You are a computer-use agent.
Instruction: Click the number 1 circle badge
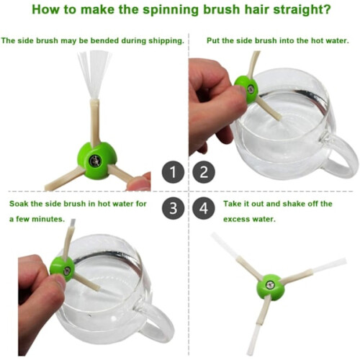[x=173, y=172]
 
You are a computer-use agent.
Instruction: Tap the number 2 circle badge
[x=204, y=172]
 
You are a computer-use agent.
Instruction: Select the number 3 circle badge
[x=173, y=208]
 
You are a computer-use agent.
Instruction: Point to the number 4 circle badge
[x=204, y=208]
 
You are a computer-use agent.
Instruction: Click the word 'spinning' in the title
[x=171, y=10]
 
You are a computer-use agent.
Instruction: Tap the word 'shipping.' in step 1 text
[x=166, y=41]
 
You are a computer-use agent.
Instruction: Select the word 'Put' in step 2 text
[x=213, y=40]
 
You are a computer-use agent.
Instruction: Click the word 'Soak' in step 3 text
[x=18, y=204]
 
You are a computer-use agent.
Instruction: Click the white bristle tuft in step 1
[x=95, y=75]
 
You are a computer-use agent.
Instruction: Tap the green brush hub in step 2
[x=246, y=89]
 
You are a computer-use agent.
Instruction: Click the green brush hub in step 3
[x=62, y=269]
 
